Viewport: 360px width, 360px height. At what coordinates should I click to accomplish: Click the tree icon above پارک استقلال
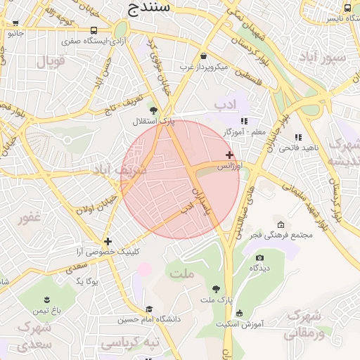pos(153,110)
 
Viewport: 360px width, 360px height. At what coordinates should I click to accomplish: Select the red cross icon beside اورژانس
pos(229,155)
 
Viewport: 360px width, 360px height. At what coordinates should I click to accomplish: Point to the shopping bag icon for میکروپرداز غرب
pos(204,56)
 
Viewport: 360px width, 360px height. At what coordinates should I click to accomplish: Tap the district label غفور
pos(30,217)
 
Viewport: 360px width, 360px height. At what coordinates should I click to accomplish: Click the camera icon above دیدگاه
pos(260,258)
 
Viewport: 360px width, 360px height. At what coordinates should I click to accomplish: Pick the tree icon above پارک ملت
pos(216,289)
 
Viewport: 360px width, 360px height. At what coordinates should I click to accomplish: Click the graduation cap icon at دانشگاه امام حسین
pos(148,309)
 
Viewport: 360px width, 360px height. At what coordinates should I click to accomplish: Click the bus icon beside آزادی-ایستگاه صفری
pos(94,31)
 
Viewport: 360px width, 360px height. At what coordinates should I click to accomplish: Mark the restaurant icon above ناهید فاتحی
pos(298,137)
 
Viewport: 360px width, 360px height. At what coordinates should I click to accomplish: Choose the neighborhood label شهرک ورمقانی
pos(304,322)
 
